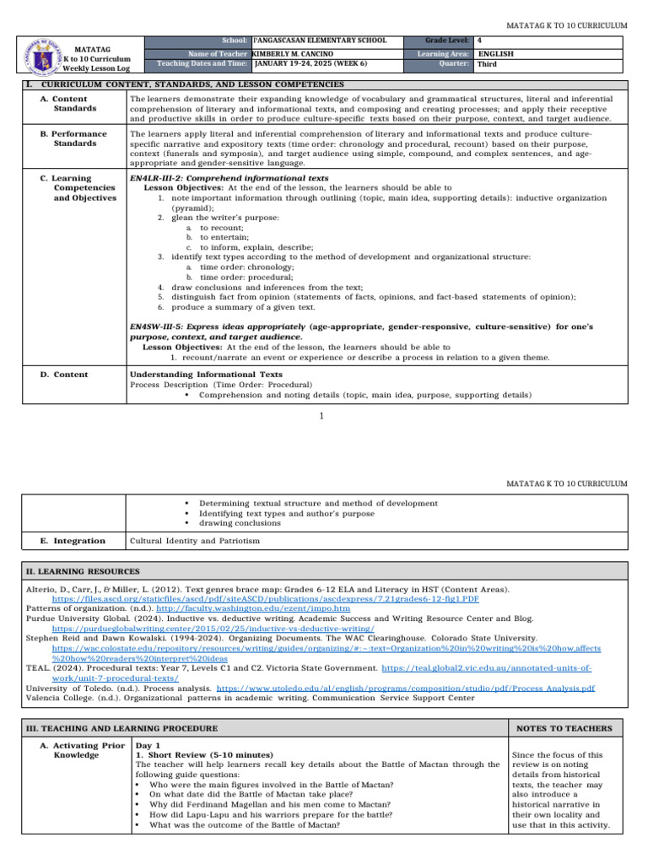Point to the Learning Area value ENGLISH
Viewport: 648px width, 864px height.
click(x=495, y=52)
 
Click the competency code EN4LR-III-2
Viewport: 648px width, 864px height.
click(x=165, y=179)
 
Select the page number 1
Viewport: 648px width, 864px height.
click(x=322, y=416)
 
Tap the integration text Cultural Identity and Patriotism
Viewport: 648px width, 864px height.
click(x=195, y=540)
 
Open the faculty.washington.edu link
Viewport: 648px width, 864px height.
click(x=246, y=607)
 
